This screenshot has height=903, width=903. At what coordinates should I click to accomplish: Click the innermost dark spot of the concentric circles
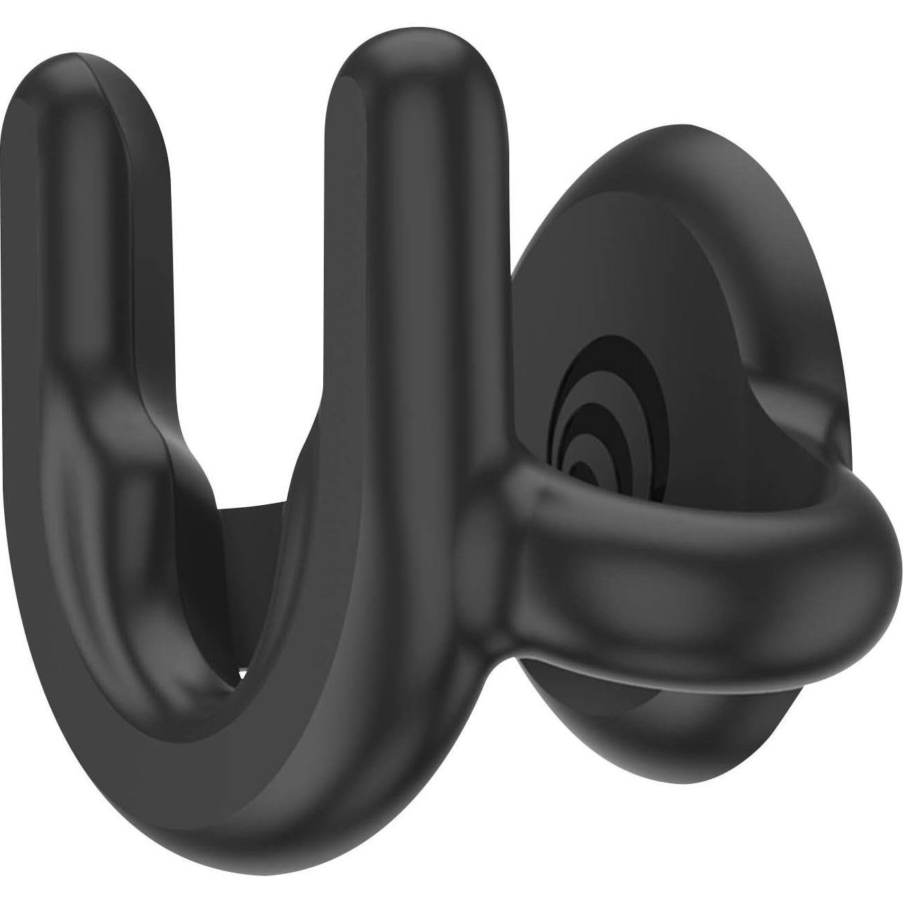[x=587, y=475]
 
